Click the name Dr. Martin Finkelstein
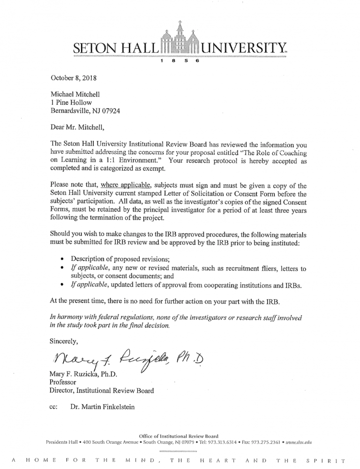pyautogui.click(x=102, y=407)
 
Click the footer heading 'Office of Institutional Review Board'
pyautogui.click(x=179, y=435)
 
